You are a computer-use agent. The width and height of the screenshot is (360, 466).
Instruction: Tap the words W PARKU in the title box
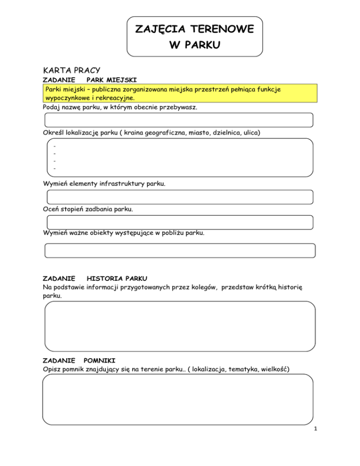(195, 46)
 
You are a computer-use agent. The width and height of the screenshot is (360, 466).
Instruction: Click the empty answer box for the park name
(179, 120)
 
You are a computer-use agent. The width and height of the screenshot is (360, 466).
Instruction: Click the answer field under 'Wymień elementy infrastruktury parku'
(179, 197)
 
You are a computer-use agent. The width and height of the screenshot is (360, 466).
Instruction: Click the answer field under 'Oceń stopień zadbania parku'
(179, 222)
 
